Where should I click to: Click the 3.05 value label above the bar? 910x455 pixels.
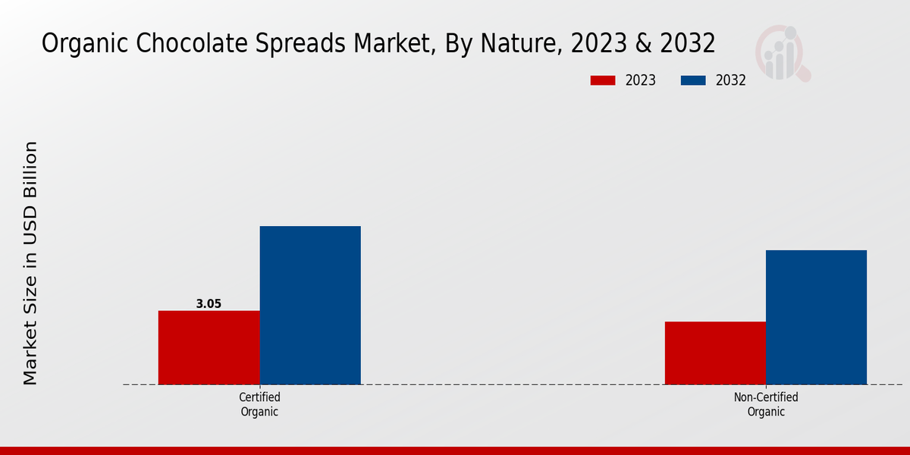pos(209,304)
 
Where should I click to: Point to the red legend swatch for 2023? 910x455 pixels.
pos(603,80)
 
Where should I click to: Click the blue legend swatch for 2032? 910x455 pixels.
pos(693,80)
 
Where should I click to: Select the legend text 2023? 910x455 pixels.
pos(641,80)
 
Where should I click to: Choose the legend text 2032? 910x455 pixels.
pos(731,80)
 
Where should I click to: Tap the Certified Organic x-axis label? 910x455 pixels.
pos(259,404)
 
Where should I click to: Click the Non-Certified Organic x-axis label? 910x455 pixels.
pos(766,404)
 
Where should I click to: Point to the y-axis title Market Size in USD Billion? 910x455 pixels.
pos(30,262)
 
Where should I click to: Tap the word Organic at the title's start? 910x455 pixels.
pos(80,44)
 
